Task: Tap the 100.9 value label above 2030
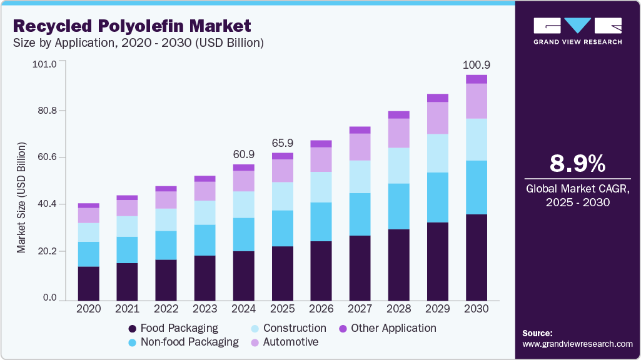pyautogui.click(x=477, y=65)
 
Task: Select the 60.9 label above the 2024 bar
pyautogui.click(x=244, y=154)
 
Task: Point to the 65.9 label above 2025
pyautogui.click(x=283, y=142)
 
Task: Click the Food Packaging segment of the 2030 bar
pyautogui.click(x=477, y=257)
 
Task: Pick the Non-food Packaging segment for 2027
pyautogui.click(x=360, y=214)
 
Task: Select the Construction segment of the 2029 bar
pyautogui.click(x=438, y=153)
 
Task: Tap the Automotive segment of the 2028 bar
pyautogui.click(x=399, y=133)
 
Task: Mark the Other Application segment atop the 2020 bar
pyautogui.click(x=89, y=205)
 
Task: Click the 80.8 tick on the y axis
pyautogui.click(x=46, y=111)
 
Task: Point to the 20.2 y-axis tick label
pyautogui.click(x=46, y=251)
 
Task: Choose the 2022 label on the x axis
pyautogui.click(x=166, y=309)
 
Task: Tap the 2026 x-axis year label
pyautogui.click(x=321, y=309)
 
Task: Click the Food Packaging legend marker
pyautogui.click(x=132, y=329)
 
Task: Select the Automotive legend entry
pyautogui.click(x=291, y=342)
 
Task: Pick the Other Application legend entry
pyautogui.click(x=393, y=328)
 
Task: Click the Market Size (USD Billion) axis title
pyautogui.click(x=22, y=197)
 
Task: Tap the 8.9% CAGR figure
pyautogui.click(x=577, y=164)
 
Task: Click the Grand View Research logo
pyautogui.click(x=577, y=31)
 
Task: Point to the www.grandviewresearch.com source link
pyautogui.click(x=577, y=344)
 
